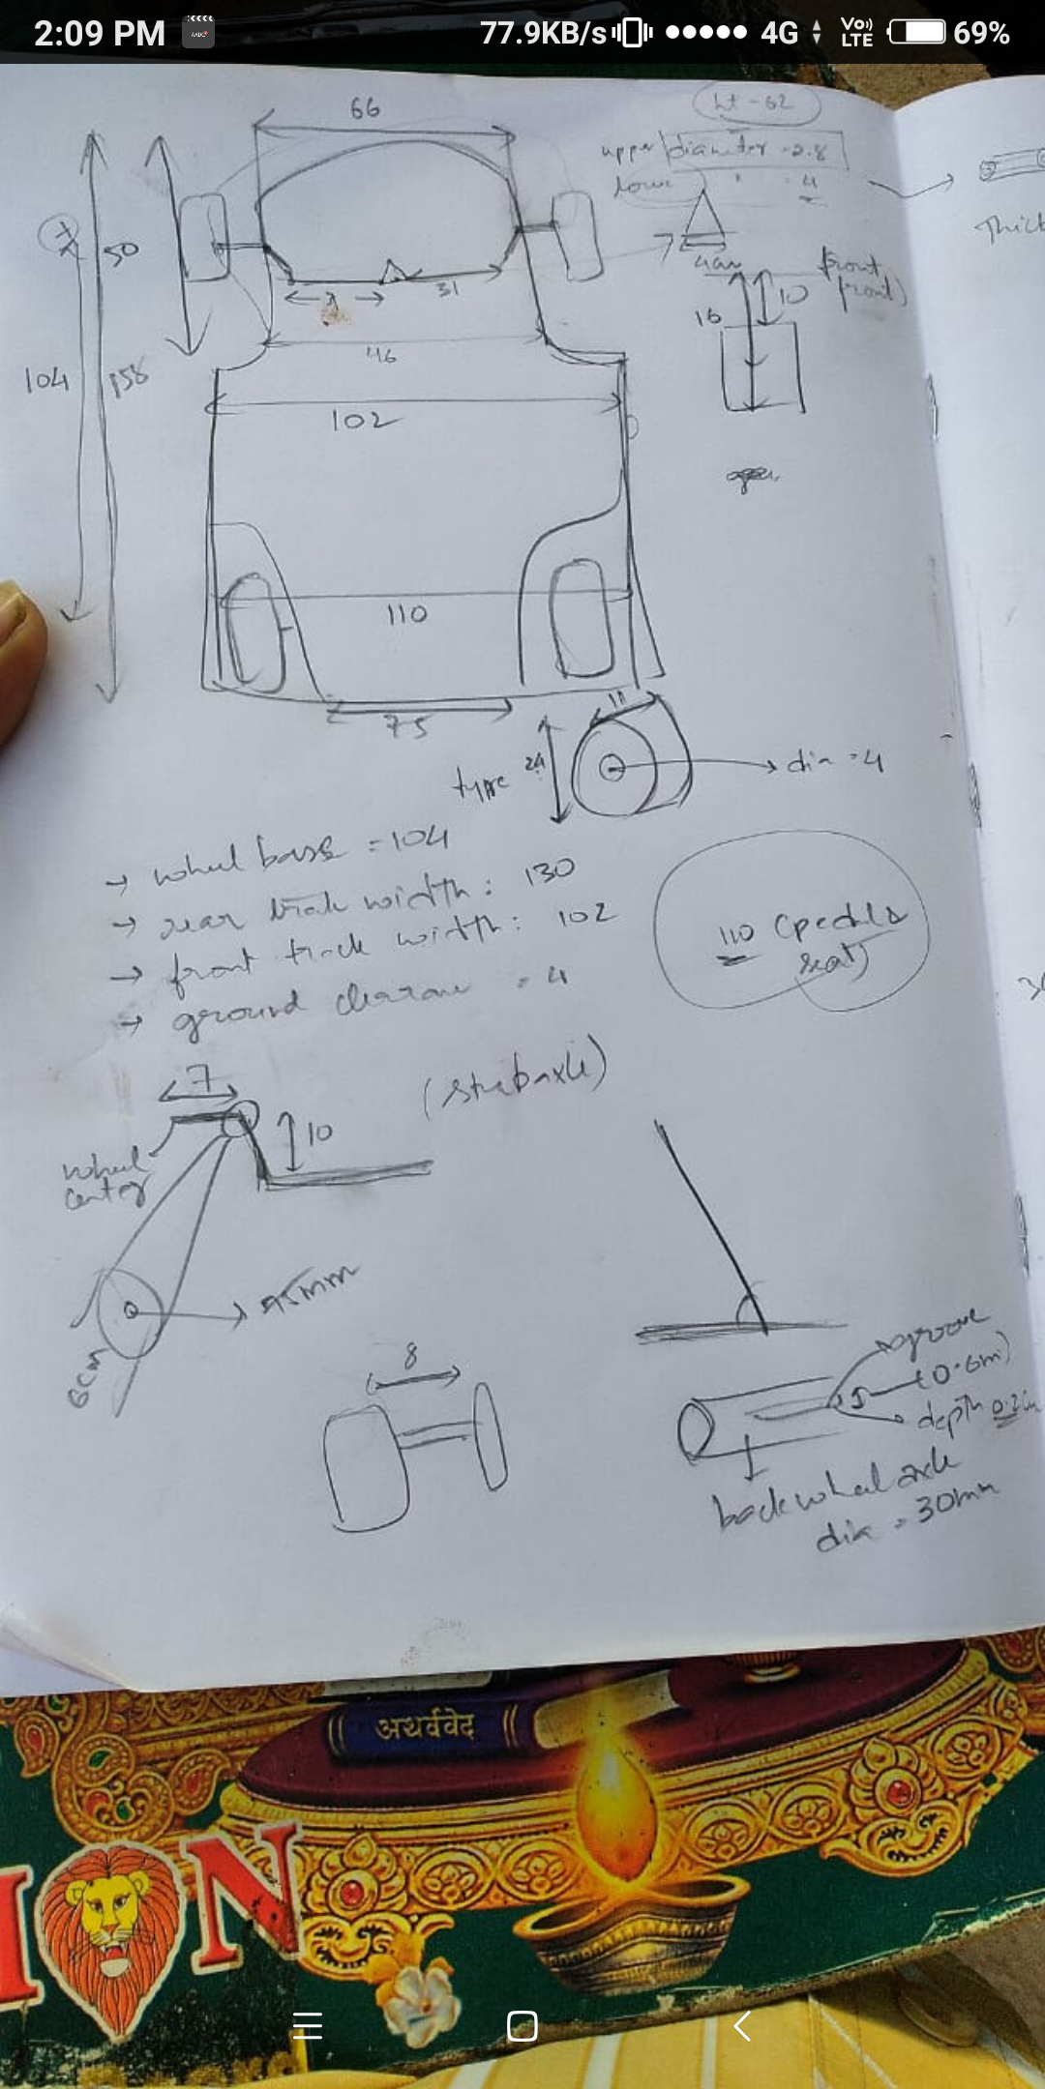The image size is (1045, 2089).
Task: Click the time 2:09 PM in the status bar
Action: pos(99,34)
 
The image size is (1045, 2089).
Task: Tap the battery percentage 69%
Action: pos(981,34)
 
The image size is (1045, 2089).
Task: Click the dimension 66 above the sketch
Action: pos(365,107)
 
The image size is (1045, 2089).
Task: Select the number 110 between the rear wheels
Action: pos(406,614)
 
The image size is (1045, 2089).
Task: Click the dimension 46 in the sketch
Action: pos(381,355)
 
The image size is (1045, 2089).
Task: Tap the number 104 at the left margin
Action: pos(45,379)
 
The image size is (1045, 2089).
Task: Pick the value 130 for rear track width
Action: pos(549,872)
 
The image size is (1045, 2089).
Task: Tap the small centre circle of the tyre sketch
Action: pos(611,769)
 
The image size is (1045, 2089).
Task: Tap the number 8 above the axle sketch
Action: pos(411,1356)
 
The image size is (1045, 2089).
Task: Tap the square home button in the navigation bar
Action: pos(522,2025)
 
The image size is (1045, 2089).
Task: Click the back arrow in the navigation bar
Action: pos(742,2025)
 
